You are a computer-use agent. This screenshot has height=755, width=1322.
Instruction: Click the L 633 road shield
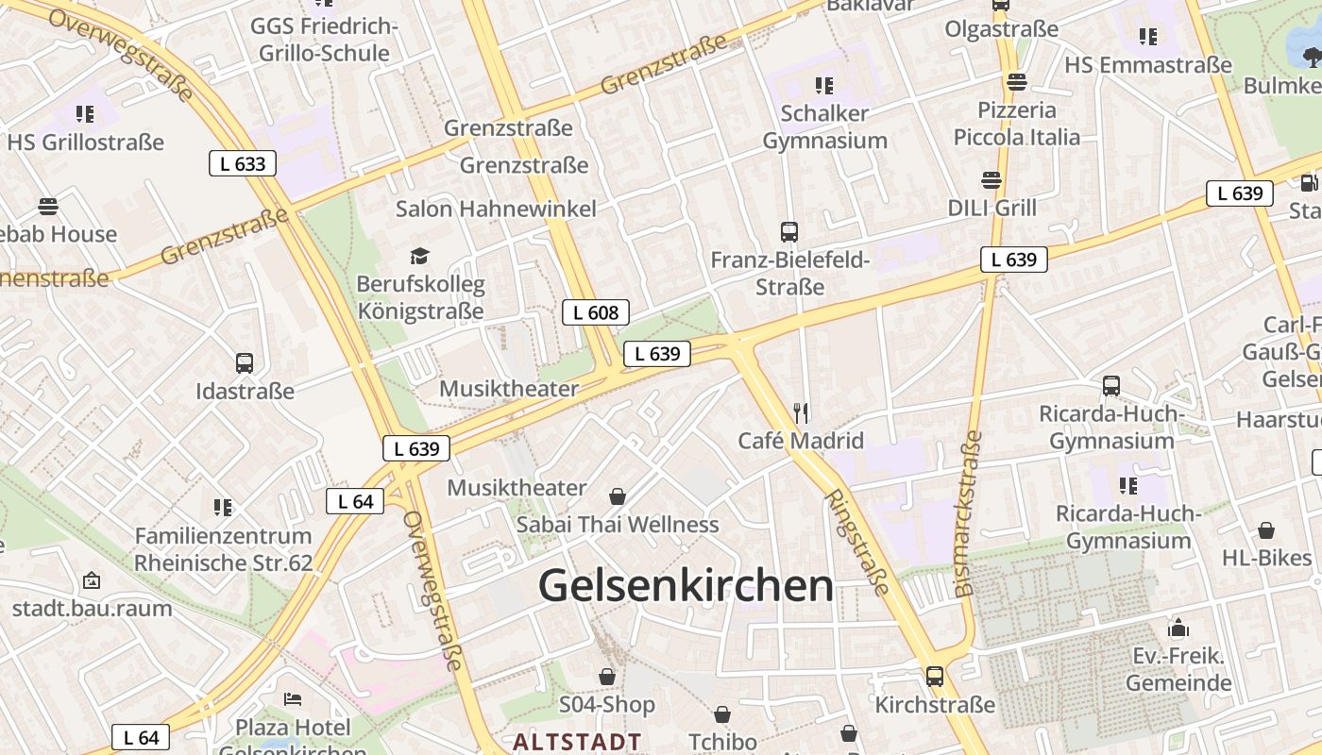pyautogui.click(x=243, y=163)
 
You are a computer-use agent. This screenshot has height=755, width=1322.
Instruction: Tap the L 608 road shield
pyautogui.click(x=595, y=312)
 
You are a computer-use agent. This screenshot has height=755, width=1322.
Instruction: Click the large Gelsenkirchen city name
pyautogui.click(x=686, y=586)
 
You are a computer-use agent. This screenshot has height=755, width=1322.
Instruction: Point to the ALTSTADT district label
pyautogui.click(x=577, y=742)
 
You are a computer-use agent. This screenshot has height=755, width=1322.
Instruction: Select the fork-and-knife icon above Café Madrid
pyautogui.click(x=801, y=412)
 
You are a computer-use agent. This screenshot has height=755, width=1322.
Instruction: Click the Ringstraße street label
pyautogui.click(x=857, y=542)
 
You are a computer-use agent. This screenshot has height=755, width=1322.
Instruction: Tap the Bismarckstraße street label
pyautogui.click(x=969, y=514)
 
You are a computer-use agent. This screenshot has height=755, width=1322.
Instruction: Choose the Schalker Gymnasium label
pyautogui.click(x=824, y=126)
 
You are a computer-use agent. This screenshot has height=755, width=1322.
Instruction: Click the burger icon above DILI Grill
pyautogui.click(x=991, y=179)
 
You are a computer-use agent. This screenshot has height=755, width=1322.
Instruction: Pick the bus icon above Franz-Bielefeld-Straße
pyautogui.click(x=789, y=231)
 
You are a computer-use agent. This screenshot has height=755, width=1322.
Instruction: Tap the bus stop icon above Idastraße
pyautogui.click(x=245, y=362)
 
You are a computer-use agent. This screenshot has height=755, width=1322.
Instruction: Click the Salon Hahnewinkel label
pyautogui.click(x=496, y=209)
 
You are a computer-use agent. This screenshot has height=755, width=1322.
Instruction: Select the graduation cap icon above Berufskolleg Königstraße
pyautogui.click(x=419, y=256)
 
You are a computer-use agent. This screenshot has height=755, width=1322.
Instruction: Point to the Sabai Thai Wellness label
pyautogui.click(x=618, y=524)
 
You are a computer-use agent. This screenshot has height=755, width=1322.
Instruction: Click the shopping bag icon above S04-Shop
pyautogui.click(x=607, y=677)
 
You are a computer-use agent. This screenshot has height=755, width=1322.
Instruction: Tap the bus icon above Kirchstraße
pyautogui.click(x=935, y=676)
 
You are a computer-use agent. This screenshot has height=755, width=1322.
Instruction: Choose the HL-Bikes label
pyautogui.click(x=1266, y=557)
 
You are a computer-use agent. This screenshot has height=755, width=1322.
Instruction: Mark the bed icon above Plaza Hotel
pyautogui.click(x=293, y=699)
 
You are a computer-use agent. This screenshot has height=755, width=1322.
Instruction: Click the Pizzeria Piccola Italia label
pyautogui.click(x=1016, y=124)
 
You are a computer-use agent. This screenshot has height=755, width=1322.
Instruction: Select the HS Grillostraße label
pyautogui.click(x=85, y=143)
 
